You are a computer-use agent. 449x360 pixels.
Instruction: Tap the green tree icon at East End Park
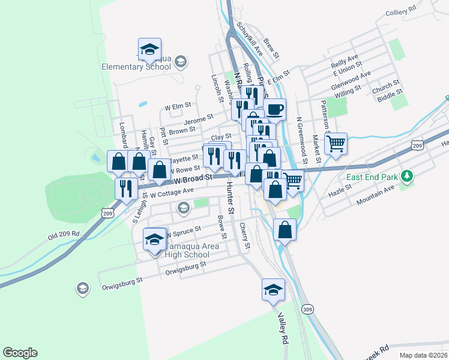(408, 176)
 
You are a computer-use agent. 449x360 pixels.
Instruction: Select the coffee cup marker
(274, 109)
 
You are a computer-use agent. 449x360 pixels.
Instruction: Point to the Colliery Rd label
(401, 10)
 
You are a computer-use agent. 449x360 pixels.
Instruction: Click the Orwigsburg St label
(122, 279)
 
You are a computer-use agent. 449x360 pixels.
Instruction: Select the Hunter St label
(231, 195)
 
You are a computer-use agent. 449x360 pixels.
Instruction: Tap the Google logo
(19, 353)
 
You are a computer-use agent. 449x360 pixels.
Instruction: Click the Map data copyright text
(424, 355)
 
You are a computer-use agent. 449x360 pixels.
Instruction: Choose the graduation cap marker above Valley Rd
(273, 289)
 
